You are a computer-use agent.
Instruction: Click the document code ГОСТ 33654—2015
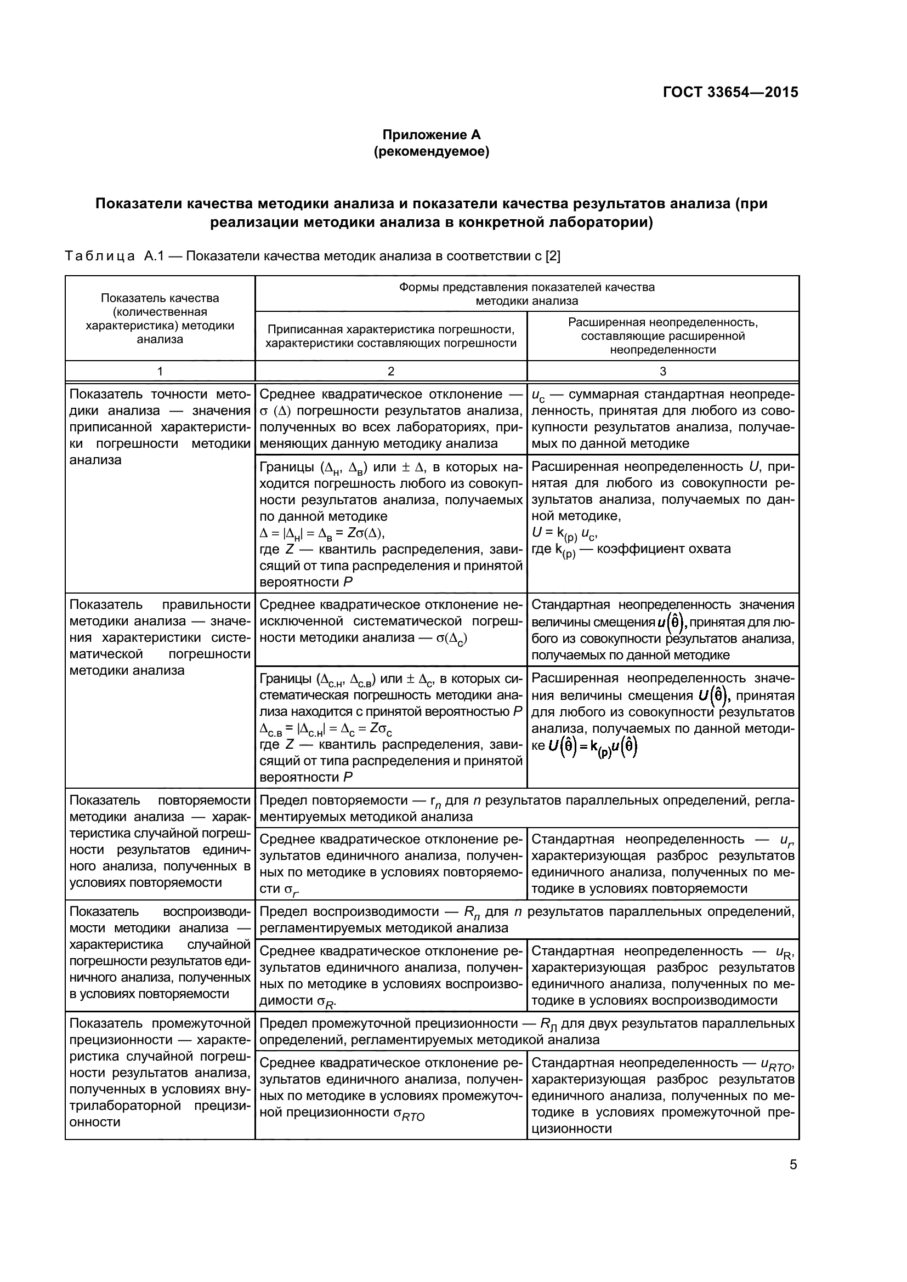click(730, 93)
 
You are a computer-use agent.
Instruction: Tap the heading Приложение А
click(431, 135)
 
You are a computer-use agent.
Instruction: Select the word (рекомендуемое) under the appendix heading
click(431, 152)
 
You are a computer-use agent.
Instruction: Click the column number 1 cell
click(160, 371)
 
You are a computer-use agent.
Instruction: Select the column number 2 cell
click(391, 371)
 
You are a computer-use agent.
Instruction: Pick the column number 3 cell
click(663, 371)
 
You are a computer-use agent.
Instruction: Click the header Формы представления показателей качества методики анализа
click(526, 294)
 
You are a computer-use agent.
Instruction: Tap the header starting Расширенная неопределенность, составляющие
click(663, 336)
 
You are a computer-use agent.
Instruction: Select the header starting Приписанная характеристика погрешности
click(391, 337)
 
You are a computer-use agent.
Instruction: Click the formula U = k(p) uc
click(564, 533)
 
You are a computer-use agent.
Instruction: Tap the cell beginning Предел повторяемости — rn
click(526, 808)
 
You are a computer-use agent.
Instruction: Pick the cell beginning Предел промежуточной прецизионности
click(526, 1032)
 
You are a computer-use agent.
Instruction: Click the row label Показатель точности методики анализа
click(160, 427)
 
